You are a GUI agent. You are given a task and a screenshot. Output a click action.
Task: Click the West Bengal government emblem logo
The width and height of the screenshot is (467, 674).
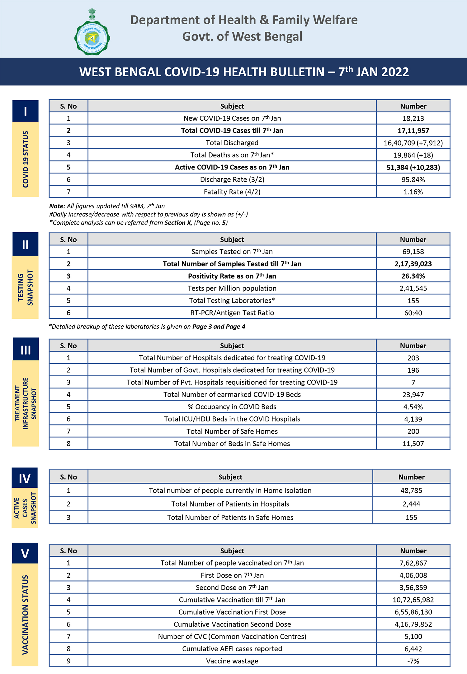92,33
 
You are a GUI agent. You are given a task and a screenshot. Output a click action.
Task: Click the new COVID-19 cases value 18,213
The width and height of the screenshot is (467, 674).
413,119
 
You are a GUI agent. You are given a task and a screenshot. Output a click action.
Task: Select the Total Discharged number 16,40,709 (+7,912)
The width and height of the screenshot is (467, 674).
413,143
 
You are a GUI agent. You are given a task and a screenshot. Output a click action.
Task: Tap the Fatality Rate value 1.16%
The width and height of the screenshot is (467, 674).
413,192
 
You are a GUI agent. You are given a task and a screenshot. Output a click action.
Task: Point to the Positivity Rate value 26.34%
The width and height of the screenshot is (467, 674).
413,276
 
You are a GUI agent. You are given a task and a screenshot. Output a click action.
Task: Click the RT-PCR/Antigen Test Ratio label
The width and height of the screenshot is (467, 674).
232,313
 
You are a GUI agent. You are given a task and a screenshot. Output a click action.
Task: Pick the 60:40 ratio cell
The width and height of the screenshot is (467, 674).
413,313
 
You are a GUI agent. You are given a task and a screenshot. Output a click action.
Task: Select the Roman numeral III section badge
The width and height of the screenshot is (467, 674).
26,350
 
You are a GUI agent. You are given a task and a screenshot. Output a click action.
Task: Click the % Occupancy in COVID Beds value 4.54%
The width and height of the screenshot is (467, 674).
413,407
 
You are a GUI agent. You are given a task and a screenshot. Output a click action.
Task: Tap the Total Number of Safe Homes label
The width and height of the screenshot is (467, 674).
232,431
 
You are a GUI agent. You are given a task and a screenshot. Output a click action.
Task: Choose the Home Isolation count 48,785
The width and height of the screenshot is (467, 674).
411,490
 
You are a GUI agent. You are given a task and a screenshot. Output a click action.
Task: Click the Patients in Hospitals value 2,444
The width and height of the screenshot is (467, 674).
411,504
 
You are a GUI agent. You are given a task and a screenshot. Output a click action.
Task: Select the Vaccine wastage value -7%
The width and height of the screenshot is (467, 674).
413,661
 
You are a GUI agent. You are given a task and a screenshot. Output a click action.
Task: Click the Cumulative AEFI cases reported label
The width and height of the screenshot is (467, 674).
232,649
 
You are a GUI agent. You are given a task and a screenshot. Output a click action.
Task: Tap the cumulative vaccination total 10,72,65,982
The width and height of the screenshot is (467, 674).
413,600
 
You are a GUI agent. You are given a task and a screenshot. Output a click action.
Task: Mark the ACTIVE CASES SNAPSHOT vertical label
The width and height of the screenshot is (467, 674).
25,508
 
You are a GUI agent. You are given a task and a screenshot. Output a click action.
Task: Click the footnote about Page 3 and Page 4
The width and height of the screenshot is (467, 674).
147,327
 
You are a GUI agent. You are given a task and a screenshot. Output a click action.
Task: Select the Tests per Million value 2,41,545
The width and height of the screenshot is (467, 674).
413,288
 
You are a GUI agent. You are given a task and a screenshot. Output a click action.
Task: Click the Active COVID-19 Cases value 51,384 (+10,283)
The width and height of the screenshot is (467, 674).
413,167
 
